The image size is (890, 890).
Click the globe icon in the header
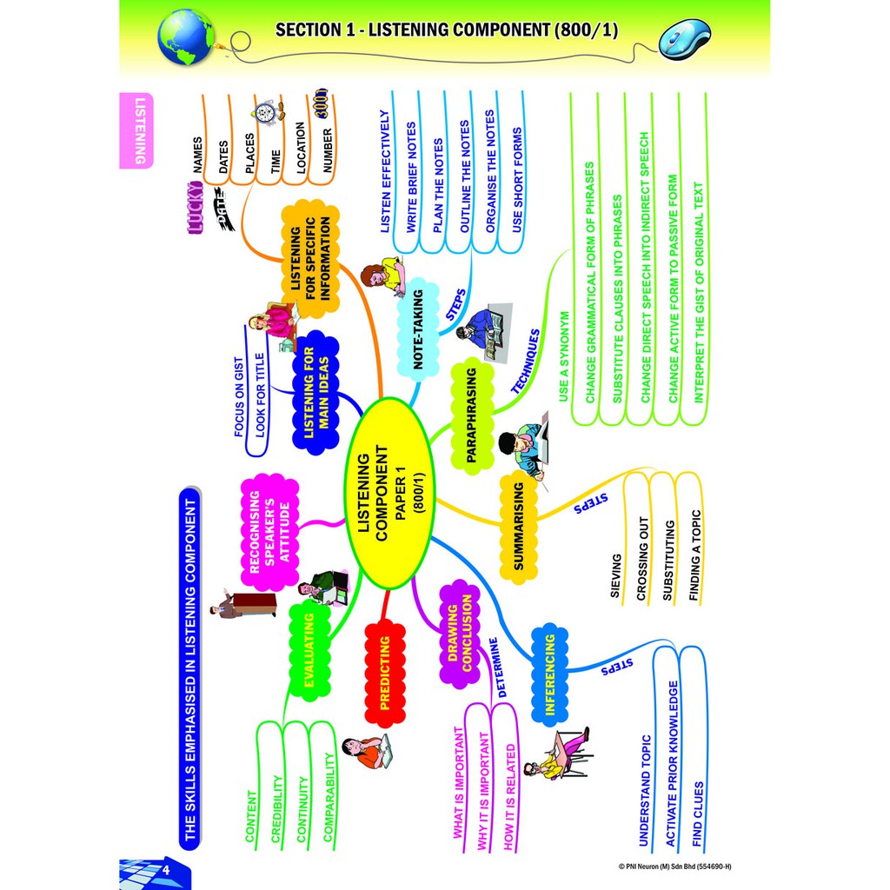(186, 37)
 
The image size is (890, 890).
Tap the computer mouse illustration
(684, 39)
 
